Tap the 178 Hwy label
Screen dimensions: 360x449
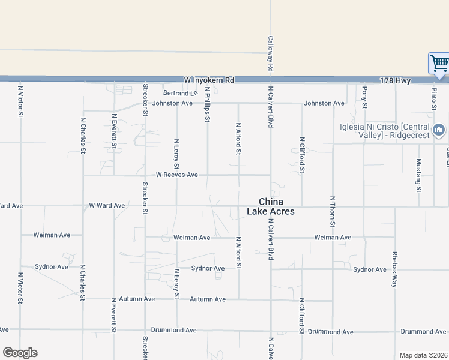click(x=395, y=80)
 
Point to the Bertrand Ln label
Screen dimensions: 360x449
click(x=180, y=93)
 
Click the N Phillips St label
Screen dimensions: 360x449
click(x=208, y=104)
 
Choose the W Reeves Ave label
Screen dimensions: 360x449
click(x=176, y=175)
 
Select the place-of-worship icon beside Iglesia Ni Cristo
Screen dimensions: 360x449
click(x=439, y=130)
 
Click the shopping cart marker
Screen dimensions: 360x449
click(x=439, y=62)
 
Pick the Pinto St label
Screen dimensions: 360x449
click(x=433, y=99)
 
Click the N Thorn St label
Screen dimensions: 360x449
click(x=332, y=211)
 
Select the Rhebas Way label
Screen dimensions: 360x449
click(x=394, y=268)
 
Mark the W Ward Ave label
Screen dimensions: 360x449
click(x=107, y=205)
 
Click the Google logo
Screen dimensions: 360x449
click(x=20, y=353)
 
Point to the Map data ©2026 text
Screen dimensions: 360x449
click(x=423, y=355)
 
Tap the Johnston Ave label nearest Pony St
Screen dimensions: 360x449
click(x=324, y=103)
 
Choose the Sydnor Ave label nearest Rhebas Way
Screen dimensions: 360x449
click(x=370, y=269)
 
